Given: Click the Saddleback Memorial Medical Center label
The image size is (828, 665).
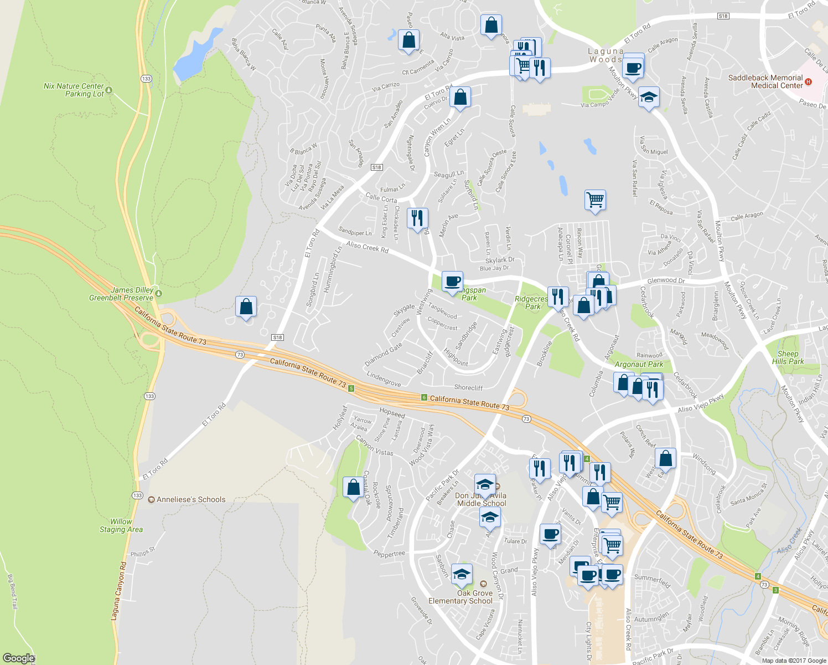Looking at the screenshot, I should click(x=765, y=81).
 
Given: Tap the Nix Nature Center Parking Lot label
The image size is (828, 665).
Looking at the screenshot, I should click(x=74, y=90).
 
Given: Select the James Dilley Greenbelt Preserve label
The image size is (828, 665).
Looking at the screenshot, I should click(x=121, y=294).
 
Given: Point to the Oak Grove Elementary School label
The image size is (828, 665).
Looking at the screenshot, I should click(x=460, y=597).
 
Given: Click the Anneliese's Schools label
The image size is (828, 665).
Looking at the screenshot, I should click(x=191, y=499).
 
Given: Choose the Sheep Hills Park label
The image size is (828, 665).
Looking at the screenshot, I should click(x=788, y=357).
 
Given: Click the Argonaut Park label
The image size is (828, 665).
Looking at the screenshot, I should click(x=639, y=364).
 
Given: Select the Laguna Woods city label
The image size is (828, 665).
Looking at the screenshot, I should click(x=606, y=55).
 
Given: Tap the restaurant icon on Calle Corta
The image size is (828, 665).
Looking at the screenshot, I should click(x=417, y=217).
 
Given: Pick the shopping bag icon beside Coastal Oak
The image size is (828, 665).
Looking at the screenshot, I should click(x=353, y=487).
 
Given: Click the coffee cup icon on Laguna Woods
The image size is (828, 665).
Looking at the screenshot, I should click(x=633, y=68).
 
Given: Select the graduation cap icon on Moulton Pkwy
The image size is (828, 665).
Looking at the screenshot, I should click(x=649, y=97).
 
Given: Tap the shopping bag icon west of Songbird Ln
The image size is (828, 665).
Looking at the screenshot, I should click(x=246, y=306).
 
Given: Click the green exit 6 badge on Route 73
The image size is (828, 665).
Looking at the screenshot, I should click(x=424, y=397).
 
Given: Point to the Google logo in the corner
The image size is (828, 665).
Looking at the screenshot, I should click(x=18, y=658).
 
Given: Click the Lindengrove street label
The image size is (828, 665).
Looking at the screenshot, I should click(x=384, y=380).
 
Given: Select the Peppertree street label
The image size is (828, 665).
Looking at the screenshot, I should click(x=389, y=554).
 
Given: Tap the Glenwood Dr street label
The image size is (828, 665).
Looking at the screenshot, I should click(x=666, y=281).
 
